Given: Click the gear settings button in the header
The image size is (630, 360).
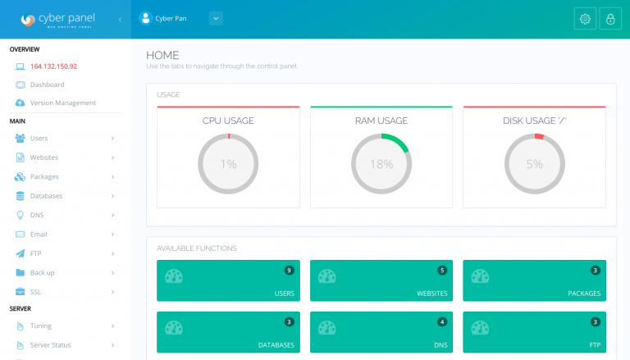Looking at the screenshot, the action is coord(585,19).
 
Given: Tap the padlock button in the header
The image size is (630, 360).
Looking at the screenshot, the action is coord(610,19).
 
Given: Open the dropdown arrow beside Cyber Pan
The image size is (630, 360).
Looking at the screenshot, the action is coord(216,19).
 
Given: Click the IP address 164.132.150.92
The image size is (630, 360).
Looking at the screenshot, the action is coord(53,66).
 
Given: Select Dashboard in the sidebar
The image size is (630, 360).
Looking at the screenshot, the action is coord(47,84).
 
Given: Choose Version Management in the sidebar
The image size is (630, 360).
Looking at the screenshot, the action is coord(63,103).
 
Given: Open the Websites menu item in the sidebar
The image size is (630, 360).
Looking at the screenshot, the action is coord(44,157).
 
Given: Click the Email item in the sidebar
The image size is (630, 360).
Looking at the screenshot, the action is coord(39,235).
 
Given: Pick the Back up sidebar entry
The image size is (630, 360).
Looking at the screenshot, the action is coord(42,273).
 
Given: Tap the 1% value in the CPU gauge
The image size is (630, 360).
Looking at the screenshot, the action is coord(228,164).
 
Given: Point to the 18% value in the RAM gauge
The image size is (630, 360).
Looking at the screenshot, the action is coord(381,164).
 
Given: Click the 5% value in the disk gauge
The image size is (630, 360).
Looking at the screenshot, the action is coord(534,164).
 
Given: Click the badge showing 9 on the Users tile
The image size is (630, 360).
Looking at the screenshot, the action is coord(289,271).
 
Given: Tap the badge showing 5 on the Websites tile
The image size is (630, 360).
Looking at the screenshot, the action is coord(442,271).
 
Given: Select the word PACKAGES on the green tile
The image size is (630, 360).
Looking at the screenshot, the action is coord(584,294).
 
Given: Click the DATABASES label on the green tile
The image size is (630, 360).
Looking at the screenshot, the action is coord(276,345).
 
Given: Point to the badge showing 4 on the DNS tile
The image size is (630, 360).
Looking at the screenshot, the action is coord(442,321).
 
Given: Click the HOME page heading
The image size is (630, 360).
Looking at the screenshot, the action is coord(162,55).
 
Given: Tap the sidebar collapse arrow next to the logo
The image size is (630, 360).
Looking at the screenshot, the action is coord(120,20).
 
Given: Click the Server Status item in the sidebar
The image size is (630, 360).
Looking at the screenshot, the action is coord(50,345).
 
